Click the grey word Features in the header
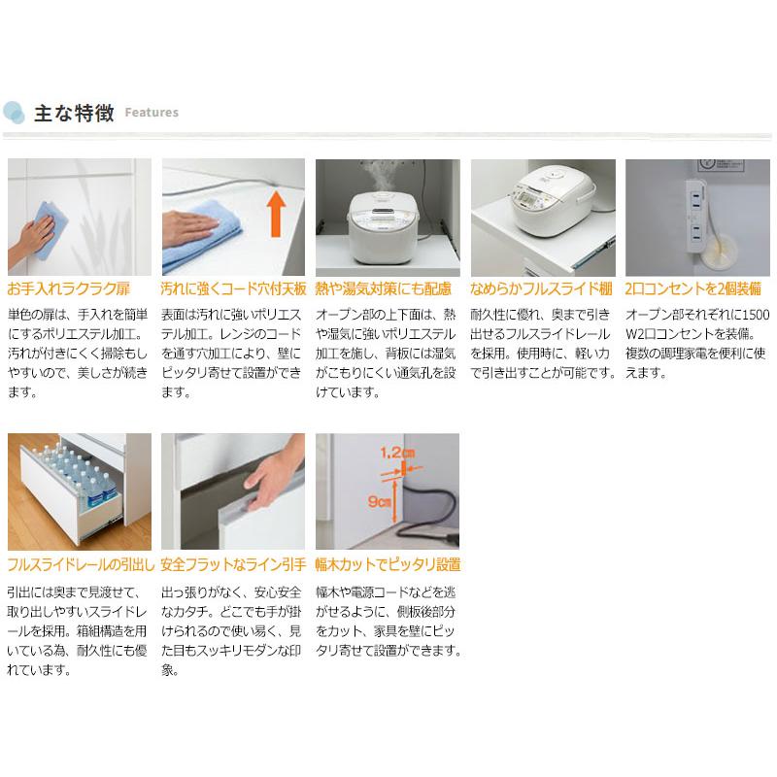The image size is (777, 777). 152,113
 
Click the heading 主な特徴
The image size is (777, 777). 74,113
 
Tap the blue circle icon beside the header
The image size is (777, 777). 14,113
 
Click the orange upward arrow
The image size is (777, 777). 277,215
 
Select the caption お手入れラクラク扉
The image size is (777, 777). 68,288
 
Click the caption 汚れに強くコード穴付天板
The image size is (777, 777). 233,288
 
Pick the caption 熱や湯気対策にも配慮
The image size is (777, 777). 383,288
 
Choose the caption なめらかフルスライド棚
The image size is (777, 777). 541,288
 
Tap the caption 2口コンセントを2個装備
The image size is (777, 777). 693,288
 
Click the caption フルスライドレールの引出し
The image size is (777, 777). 81,564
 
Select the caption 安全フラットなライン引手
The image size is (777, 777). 233,564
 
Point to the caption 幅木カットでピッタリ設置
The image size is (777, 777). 388,564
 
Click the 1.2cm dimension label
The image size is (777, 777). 397,453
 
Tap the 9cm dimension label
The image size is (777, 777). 379,502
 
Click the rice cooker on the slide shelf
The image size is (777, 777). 553,201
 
